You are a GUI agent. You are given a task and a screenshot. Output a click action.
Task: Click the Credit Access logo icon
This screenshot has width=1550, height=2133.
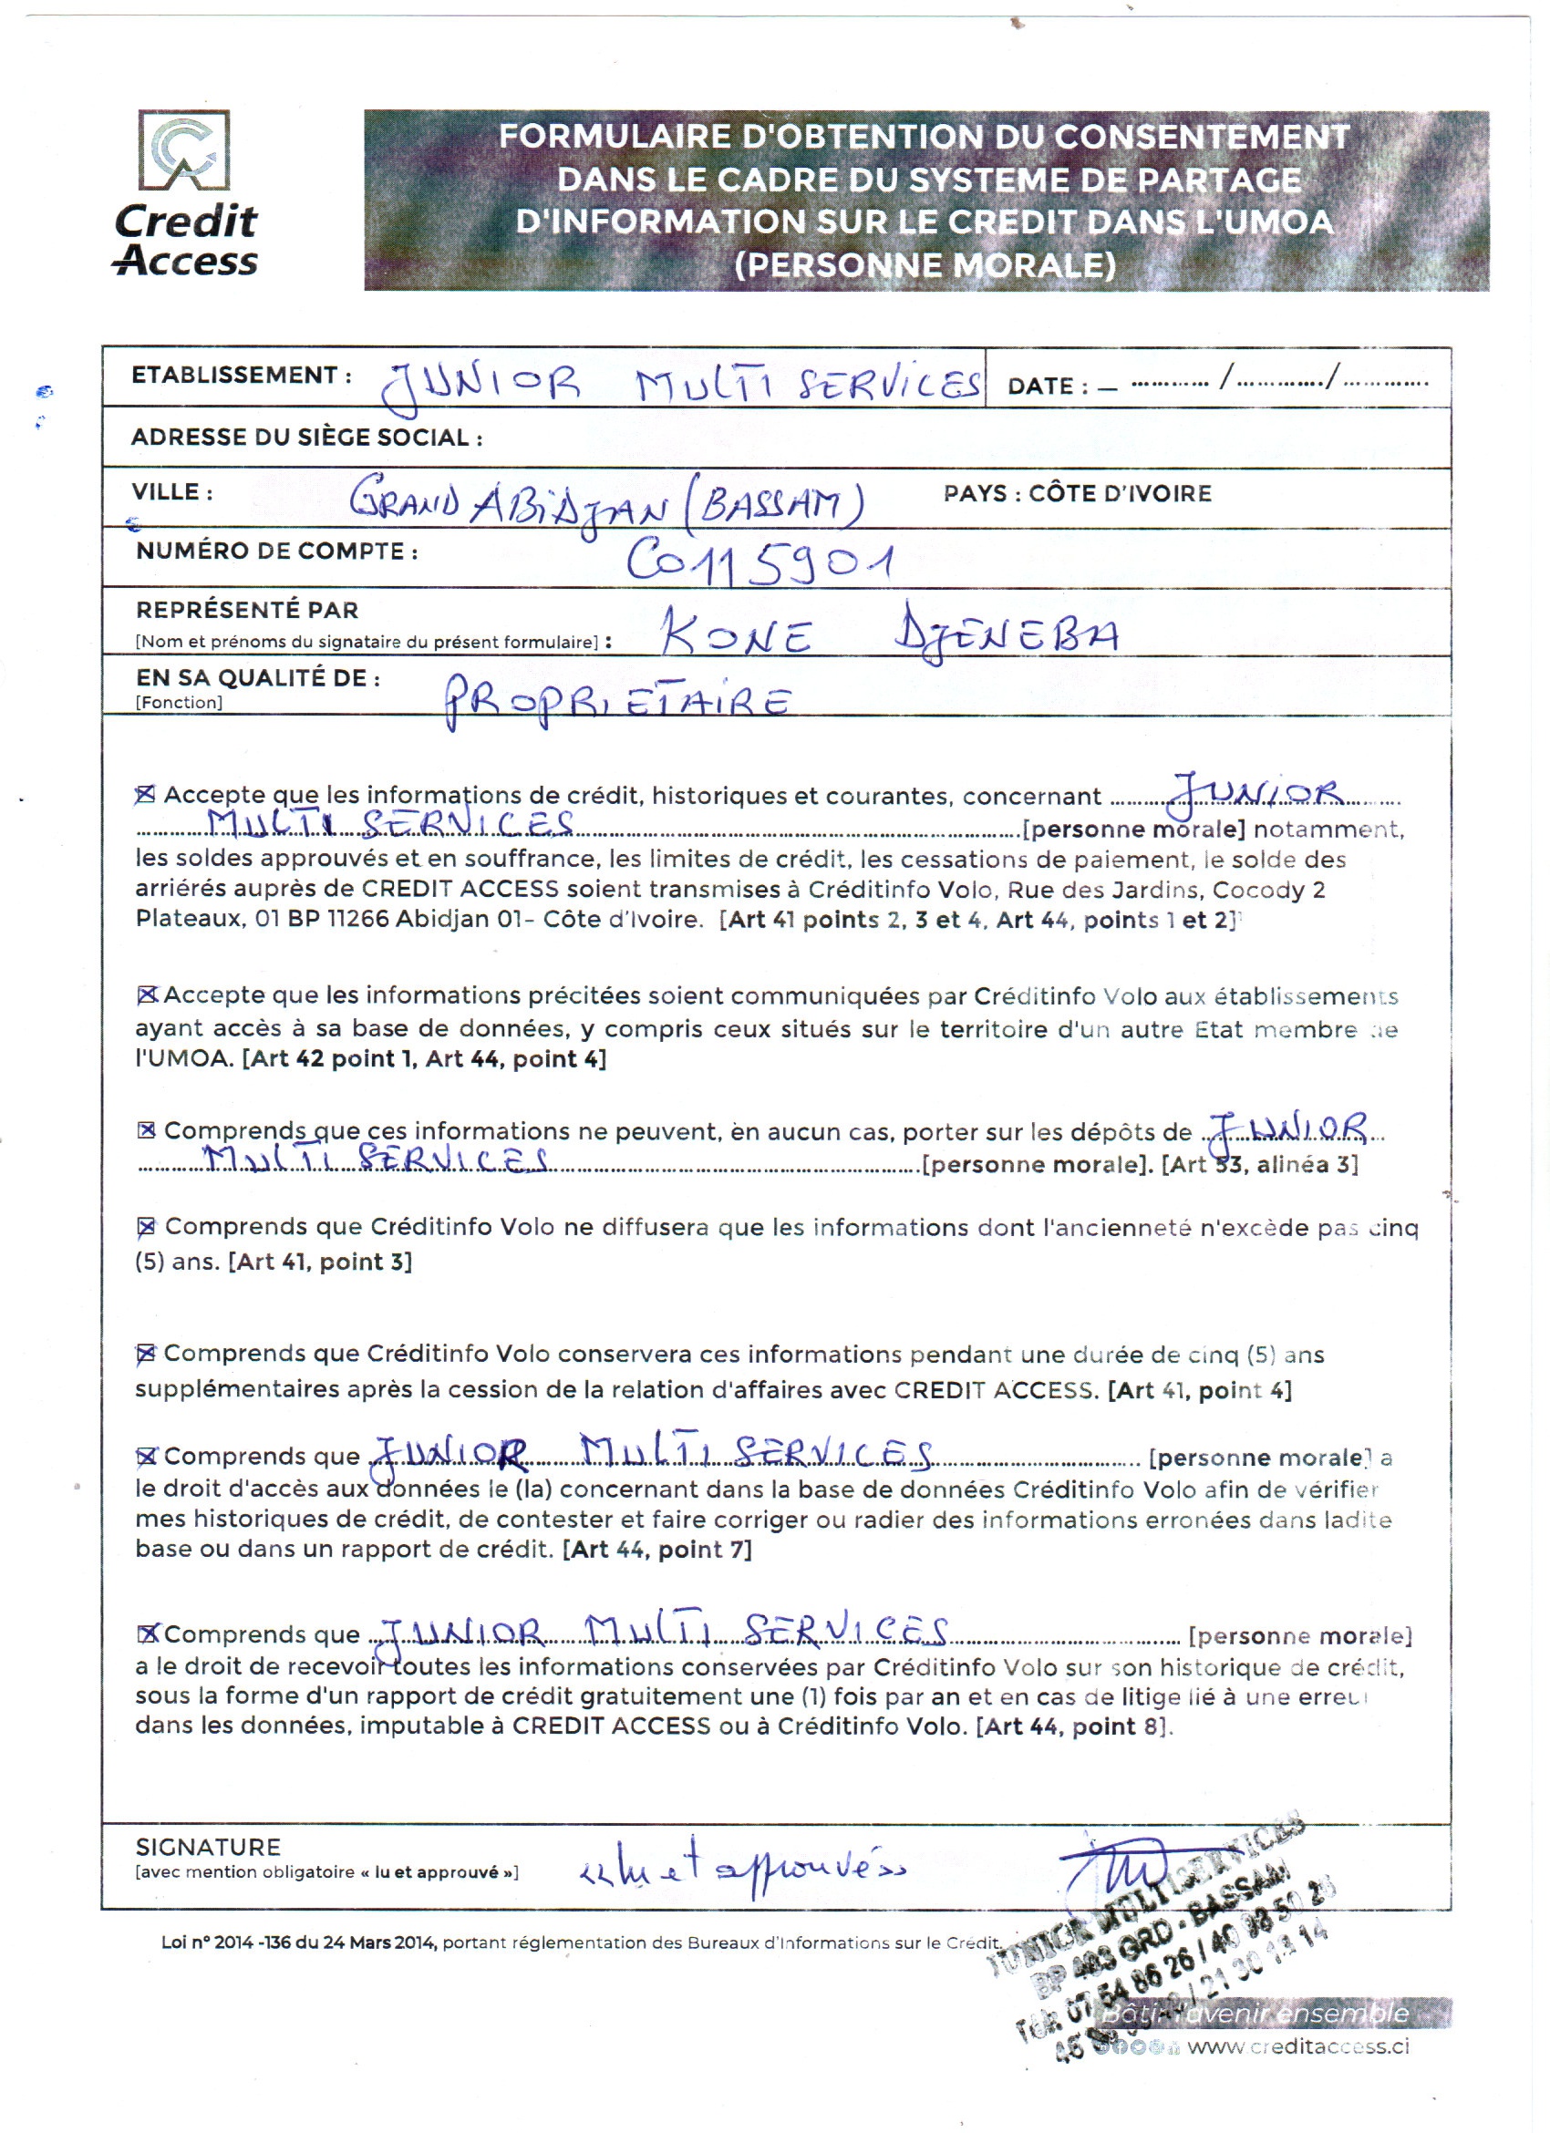[184, 150]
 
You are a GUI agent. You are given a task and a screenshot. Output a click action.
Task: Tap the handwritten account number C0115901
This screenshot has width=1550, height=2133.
[759, 562]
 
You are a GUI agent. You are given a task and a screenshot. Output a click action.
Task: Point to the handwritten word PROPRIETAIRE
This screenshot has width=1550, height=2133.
[617, 702]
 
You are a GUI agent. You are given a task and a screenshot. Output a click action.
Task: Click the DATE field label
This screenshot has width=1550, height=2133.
[1047, 386]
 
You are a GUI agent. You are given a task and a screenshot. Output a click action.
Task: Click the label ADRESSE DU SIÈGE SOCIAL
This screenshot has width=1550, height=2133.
[306, 438]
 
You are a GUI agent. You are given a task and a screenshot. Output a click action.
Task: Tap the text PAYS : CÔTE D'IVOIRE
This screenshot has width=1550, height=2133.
[1077, 494]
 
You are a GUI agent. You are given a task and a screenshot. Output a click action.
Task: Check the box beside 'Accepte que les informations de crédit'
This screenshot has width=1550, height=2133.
[145, 796]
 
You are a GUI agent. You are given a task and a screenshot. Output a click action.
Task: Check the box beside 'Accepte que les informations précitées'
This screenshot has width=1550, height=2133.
[147, 995]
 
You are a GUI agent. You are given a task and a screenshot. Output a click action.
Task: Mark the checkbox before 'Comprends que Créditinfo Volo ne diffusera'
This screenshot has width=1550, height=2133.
[146, 1227]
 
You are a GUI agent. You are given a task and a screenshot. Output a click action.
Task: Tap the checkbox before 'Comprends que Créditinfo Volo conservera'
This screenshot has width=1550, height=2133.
[145, 1355]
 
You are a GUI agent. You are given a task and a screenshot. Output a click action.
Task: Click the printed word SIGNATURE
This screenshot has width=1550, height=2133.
[208, 1847]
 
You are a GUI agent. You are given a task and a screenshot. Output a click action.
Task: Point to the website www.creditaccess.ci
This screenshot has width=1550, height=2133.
[1298, 2047]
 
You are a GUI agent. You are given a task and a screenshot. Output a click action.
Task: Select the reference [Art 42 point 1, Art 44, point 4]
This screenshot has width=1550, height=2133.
[424, 1059]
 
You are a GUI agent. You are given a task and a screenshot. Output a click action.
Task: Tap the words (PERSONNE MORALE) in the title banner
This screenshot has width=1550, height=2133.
[925, 266]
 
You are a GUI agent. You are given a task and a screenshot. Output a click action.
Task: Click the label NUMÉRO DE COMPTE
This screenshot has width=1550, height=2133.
[276, 551]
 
